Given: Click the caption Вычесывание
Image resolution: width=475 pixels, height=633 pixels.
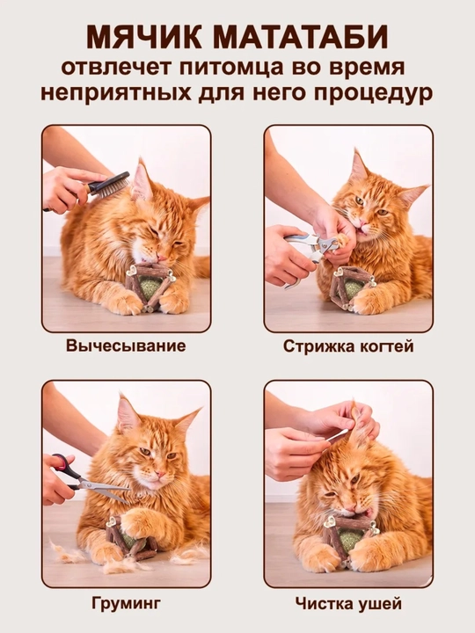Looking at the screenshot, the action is (126, 346).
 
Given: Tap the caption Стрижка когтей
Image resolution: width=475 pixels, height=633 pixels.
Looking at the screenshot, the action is (348, 346).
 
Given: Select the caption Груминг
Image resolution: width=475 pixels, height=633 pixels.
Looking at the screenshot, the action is (126, 603).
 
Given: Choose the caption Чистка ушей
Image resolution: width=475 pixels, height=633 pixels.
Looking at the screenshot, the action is (348, 604).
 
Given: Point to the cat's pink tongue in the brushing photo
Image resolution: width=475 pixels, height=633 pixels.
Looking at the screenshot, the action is (161, 258).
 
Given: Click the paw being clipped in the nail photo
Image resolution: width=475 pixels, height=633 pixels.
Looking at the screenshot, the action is (343, 241).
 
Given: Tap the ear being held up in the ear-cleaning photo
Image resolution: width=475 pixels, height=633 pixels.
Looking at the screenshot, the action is (358, 424).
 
